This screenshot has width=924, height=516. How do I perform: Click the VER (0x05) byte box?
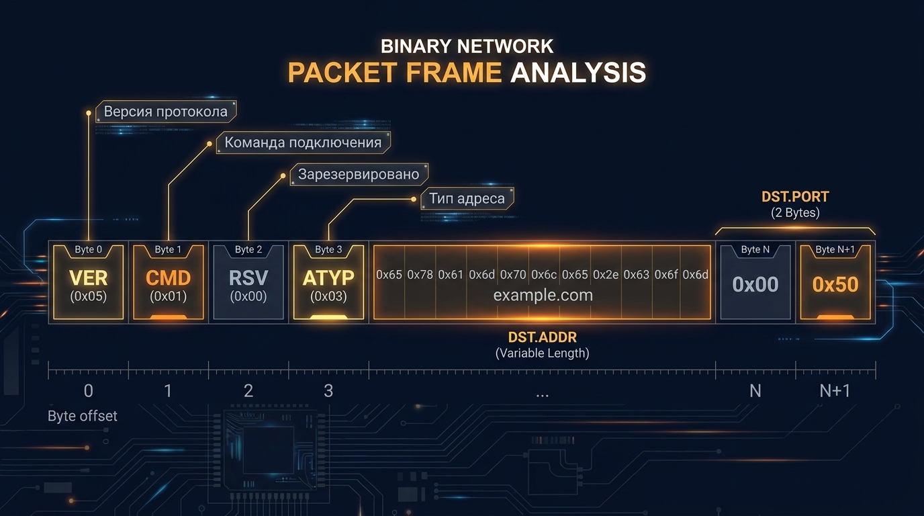pos(88,282)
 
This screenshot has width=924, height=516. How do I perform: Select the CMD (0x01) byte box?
pos(169,282)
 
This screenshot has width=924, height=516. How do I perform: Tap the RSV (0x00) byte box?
pos(248,282)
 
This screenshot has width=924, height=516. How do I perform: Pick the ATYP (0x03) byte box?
pos(328,282)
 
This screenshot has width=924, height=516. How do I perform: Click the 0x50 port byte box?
pos(835,282)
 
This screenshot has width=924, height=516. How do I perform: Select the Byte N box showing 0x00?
pos(755,282)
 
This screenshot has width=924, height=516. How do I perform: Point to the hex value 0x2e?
pos(606,275)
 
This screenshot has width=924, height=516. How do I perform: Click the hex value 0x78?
pos(420,275)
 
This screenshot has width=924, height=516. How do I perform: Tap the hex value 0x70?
pos(513,275)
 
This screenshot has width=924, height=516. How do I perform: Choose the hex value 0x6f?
pos(666,275)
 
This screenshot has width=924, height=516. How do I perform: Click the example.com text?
pos(543,295)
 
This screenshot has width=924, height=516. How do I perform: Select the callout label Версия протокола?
pos(166,112)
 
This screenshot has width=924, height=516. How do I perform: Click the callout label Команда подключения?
pos(304,142)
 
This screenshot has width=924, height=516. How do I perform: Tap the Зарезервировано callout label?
pos(359,174)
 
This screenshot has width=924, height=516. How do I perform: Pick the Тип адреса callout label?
pos(467,199)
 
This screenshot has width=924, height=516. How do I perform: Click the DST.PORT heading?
pos(795,197)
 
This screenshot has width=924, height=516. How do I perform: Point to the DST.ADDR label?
pos(543,337)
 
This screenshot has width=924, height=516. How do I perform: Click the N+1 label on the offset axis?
pos(835,390)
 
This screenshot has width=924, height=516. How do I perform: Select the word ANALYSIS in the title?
pos(578,73)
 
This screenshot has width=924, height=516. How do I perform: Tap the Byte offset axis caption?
pos(83,416)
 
